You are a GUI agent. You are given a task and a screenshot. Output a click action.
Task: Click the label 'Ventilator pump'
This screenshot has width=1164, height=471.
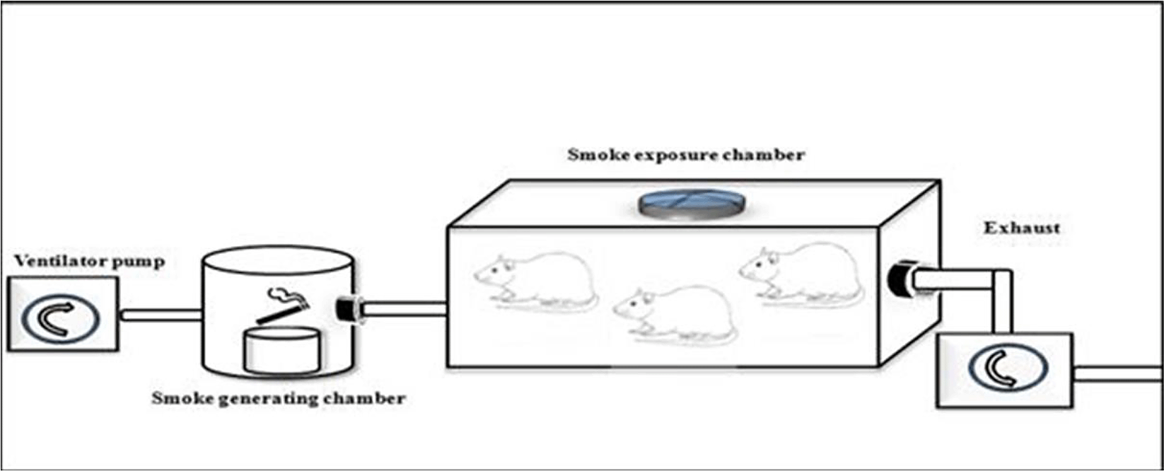pos(89,262)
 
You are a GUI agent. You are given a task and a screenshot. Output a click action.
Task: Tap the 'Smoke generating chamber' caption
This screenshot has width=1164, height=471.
pos(279,398)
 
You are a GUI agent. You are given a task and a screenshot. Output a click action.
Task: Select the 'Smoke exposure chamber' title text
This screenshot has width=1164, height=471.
pos(686,155)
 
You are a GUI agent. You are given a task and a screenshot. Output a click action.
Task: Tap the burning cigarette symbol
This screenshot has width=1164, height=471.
pos(284,306)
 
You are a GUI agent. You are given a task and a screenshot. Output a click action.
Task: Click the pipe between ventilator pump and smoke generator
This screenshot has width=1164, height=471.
pos(162,313)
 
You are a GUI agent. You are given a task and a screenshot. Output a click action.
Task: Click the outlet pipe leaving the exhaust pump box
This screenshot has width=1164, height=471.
pos(1117,373)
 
